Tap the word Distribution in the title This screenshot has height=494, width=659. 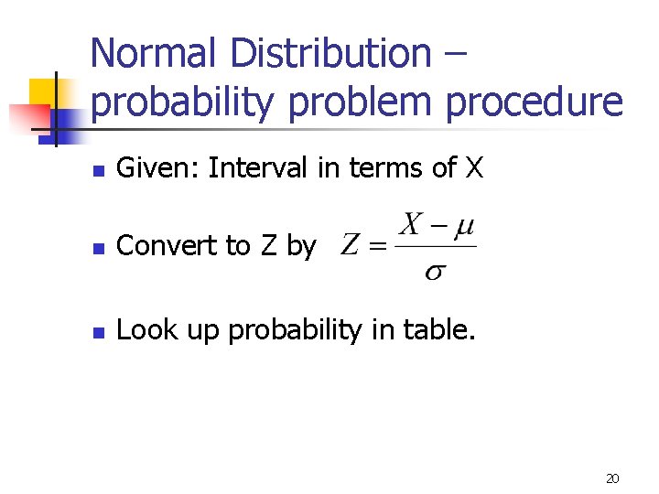pyautogui.click(x=328, y=52)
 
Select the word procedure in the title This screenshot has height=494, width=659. pyautogui.click(x=535, y=102)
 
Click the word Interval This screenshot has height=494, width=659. pyautogui.click(x=256, y=168)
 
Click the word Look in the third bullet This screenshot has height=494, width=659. pyautogui.click(x=142, y=330)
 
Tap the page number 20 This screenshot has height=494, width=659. pyautogui.click(x=612, y=478)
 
